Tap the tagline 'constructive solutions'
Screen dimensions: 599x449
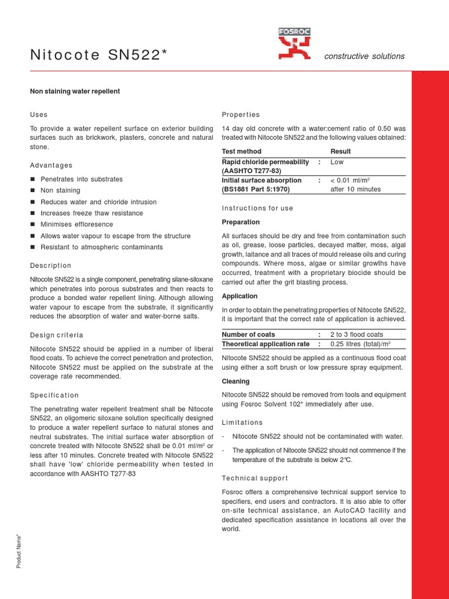[x=364, y=56]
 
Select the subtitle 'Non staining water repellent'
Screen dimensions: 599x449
[x=75, y=91]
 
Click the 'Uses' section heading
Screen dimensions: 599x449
[x=39, y=115]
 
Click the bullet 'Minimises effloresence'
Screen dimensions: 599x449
[x=77, y=225]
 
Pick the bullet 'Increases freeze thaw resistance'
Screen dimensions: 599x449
[x=91, y=213]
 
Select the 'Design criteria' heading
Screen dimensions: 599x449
[x=56, y=335]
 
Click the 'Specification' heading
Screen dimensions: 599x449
[x=54, y=395]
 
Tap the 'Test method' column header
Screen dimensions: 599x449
[x=241, y=152]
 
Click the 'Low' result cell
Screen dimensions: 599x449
[x=338, y=161]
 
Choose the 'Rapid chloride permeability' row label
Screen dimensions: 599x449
[x=265, y=161]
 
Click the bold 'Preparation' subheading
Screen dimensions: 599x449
[x=241, y=222]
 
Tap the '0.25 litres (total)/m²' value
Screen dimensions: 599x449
[x=360, y=344]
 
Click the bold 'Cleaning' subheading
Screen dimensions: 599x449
[x=236, y=381]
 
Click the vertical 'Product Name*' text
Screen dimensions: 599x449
[x=19, y=550]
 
